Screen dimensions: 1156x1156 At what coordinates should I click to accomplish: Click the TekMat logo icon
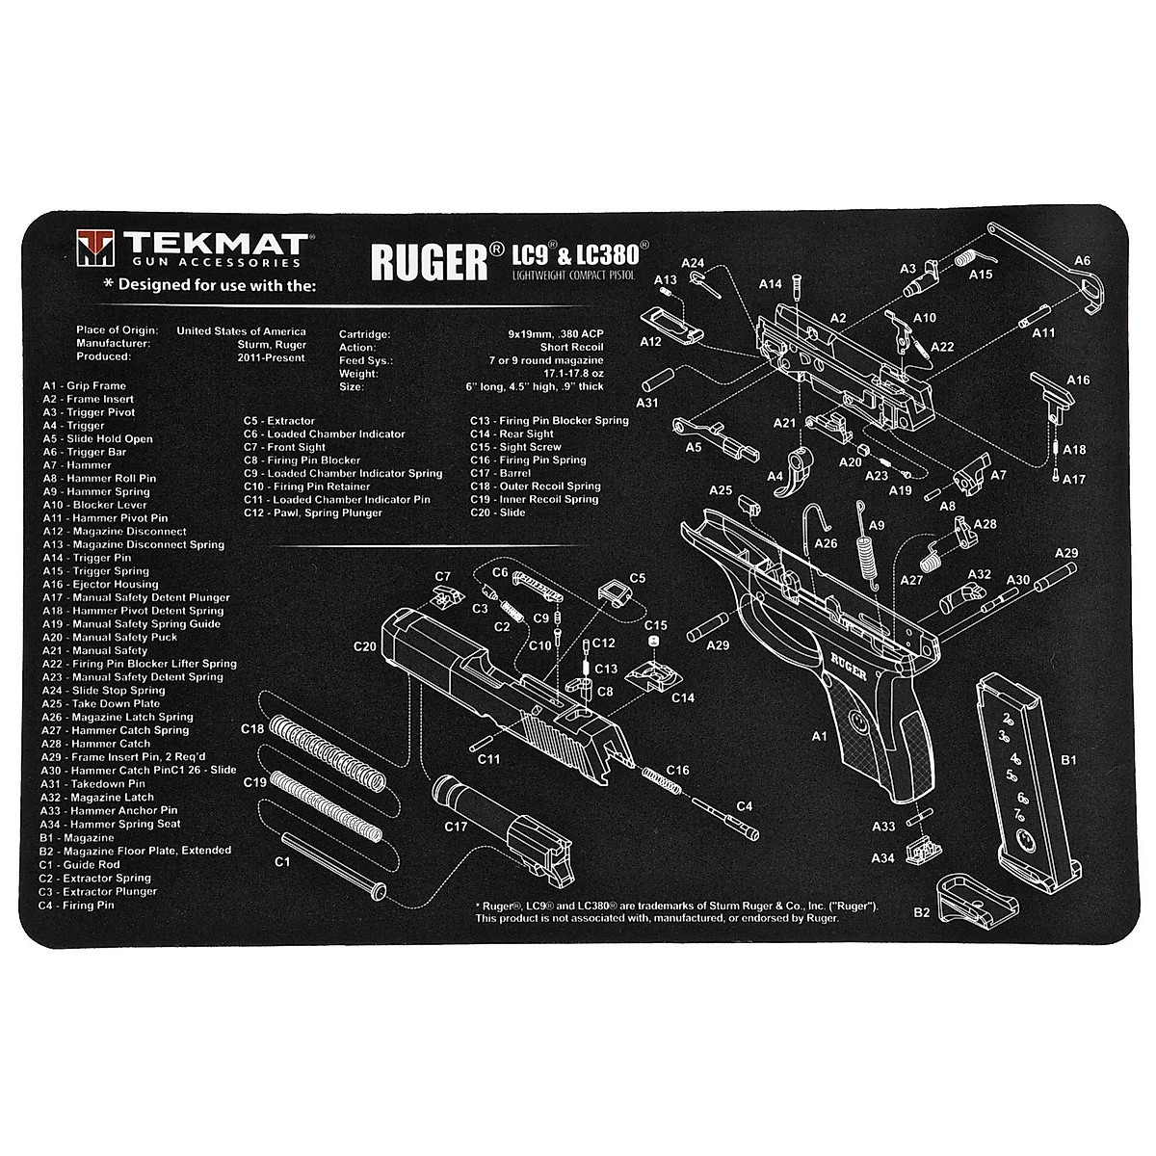92,248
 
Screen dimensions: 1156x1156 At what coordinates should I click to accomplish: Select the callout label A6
1082,260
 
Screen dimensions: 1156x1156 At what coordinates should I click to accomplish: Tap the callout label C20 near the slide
365,646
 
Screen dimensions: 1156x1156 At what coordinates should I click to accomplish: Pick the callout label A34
883,857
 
